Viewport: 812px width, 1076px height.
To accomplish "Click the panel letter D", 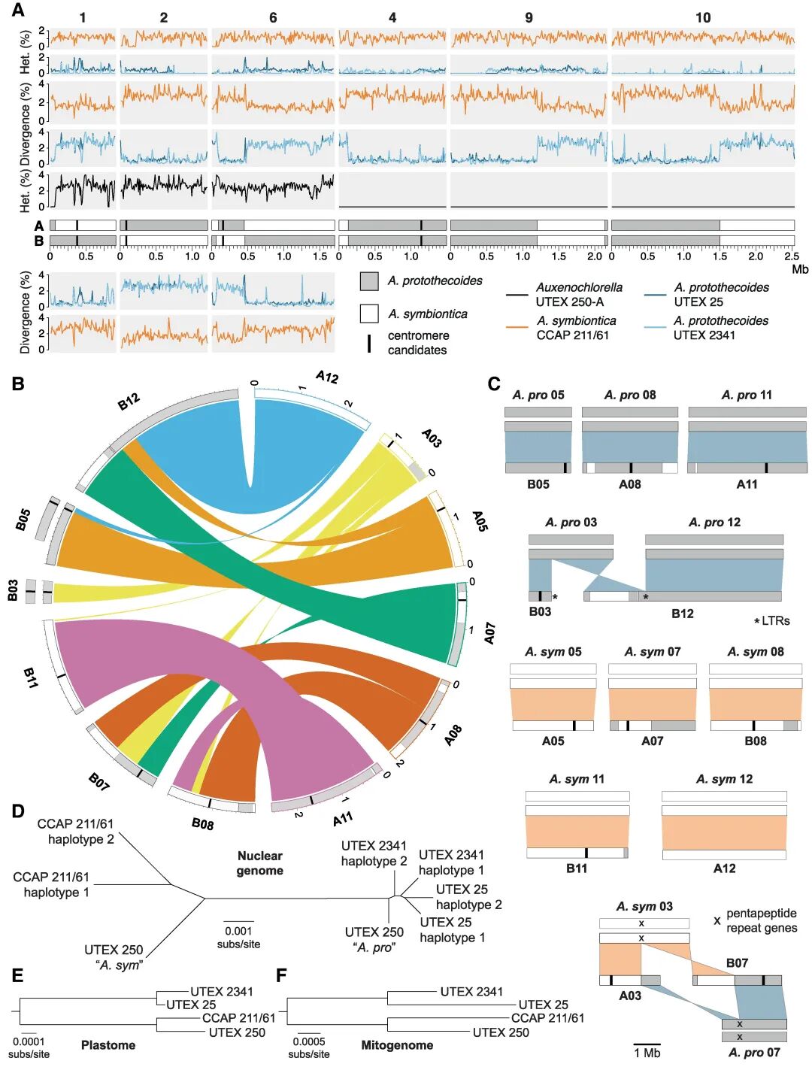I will coord(18,811).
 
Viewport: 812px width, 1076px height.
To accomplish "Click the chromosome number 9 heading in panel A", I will coord(529,17).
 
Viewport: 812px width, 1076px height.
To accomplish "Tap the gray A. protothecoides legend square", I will coord(368,281).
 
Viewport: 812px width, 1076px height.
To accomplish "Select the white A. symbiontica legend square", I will coord(368,314).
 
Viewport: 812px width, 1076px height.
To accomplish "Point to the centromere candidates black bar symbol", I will coord(368,344).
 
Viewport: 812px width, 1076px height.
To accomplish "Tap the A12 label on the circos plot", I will coord(327,377).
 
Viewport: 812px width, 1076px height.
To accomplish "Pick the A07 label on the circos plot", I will coord(489,633).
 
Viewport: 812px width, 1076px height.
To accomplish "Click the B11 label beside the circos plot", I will coord(30,677).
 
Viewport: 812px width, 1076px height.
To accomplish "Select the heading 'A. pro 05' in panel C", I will coord(538,395).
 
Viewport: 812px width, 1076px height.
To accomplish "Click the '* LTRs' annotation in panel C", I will coord(772,620).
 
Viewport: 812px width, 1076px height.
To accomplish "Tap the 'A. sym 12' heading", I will coord(724,779).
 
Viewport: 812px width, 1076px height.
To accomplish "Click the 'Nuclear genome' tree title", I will coord(260,863).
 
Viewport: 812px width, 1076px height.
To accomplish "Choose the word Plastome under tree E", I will coord(108,1045).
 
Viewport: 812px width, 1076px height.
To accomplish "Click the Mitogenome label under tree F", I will coord(397,1045).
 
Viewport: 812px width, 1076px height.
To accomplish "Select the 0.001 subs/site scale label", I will coord(238,937).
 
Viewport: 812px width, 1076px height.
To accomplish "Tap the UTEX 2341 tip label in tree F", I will coord(471,992).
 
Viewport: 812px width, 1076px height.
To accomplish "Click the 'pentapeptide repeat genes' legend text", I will coord(761,920).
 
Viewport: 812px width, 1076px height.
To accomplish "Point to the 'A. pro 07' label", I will coord(754,1052).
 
